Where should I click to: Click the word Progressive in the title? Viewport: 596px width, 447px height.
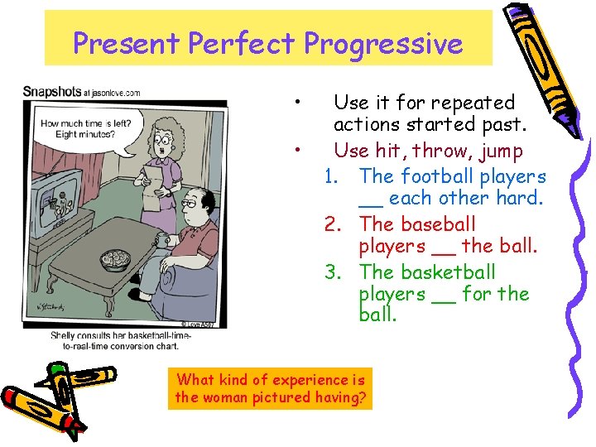pyautogui.click(x=383, y=43)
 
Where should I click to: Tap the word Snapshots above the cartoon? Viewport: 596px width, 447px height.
pyautogui.click(x=51, y=91)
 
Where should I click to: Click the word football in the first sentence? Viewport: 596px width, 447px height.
pyautogui.click(x=437, y=176)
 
